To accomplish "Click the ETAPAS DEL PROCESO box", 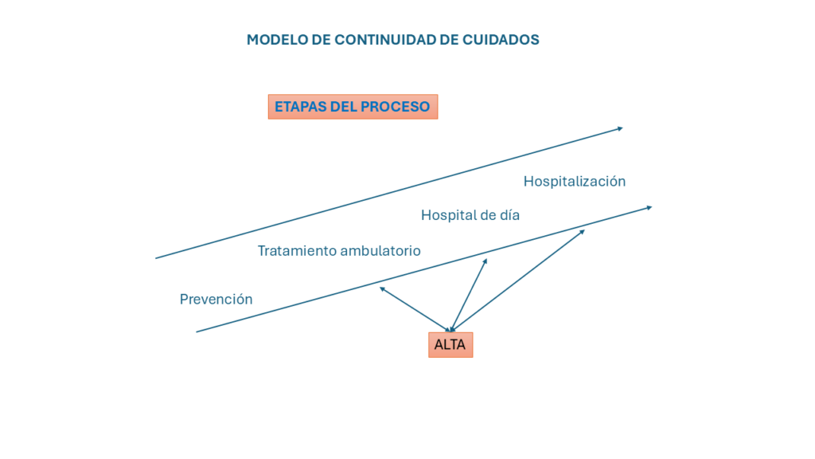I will [353, 107].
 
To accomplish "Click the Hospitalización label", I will [575, 182].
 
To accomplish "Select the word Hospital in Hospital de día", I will [448, 215].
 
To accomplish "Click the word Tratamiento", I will [295, 251].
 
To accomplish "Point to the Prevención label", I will [216, 300].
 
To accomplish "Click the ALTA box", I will [450, 345].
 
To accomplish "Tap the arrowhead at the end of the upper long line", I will [619, 127].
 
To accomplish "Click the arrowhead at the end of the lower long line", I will [649, 207].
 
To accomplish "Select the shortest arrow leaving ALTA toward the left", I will [414, 308].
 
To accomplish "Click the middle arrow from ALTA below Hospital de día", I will [469, 295].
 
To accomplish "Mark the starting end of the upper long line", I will [157, 258].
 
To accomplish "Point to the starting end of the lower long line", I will [197, 331].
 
